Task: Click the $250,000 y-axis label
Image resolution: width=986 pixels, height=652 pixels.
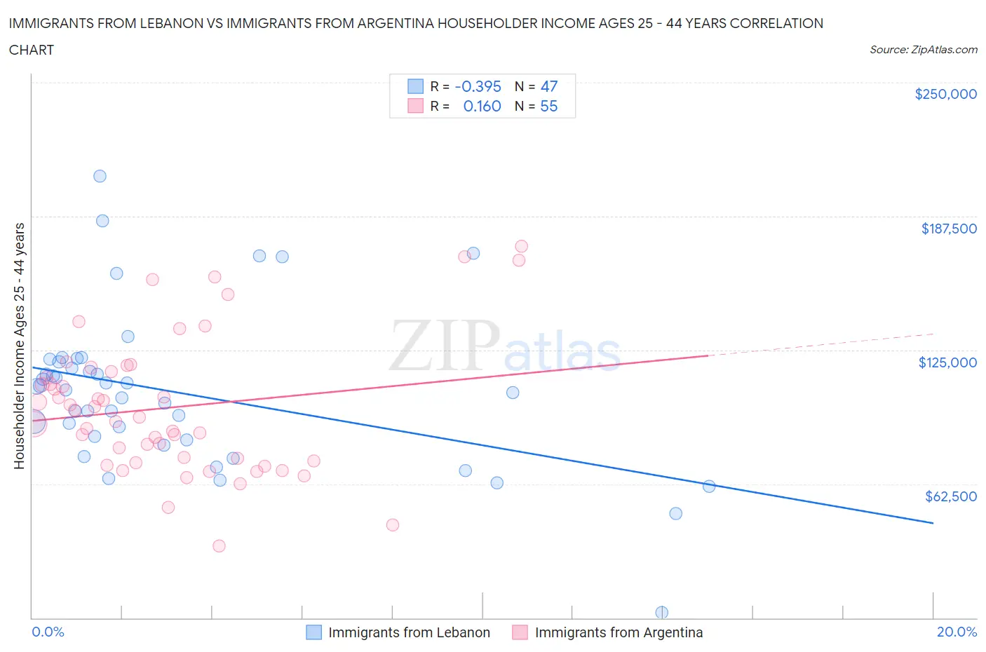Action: coord(945,94)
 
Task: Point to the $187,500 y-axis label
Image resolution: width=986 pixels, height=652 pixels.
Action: coord(949,228)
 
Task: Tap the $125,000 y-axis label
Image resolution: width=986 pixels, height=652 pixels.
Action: coord(947,362)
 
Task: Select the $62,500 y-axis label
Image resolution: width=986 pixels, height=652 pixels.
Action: coord(950,496)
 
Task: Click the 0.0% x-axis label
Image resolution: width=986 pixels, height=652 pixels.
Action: coord(48,632)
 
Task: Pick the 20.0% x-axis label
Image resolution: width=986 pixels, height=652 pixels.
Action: coord(957,632)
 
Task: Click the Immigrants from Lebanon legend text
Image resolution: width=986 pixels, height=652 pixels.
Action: coord(409,632)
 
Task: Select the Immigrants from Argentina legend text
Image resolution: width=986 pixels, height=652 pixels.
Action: coord(619,632)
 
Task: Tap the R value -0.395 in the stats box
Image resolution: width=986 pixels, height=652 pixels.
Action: coord(478,86)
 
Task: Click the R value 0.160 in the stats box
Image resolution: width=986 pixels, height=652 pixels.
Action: coord(482,106)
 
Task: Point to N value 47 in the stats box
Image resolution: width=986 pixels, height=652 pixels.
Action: coord(549,86)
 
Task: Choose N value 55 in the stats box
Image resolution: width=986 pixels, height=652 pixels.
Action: coord(549,106)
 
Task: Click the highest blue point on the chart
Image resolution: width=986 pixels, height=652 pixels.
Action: coord(100,176)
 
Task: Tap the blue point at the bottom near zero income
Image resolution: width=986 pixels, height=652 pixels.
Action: coord(661,612)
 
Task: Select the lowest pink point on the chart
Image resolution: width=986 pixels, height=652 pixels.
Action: coord(219,545)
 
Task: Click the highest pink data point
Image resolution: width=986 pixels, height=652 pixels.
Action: coord(521,246)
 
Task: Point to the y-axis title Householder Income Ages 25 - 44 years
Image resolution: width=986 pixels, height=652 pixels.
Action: coord(19,346)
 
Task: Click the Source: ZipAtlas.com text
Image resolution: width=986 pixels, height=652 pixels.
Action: coord(923,49)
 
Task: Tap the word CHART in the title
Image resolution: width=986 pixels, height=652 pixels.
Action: coord(32,50)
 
